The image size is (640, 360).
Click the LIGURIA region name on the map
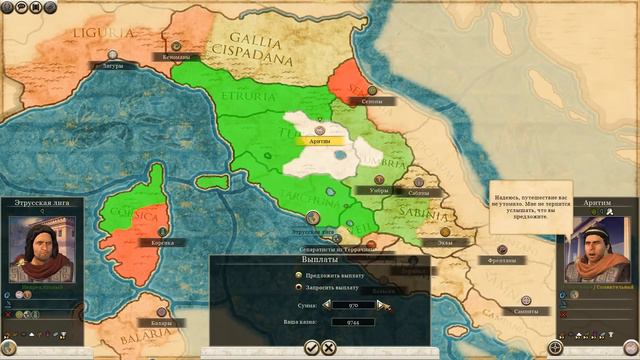coord(100,35)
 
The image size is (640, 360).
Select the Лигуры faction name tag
coord(112,67)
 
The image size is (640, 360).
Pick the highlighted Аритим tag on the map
coord(320,142)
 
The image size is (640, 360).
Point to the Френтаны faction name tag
coord(503,260)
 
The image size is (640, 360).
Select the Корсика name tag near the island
coord(161,242)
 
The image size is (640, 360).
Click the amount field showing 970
coord(354,305)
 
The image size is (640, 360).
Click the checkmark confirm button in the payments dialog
coord(312,347)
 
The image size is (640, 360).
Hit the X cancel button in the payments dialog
coord(329,347)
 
